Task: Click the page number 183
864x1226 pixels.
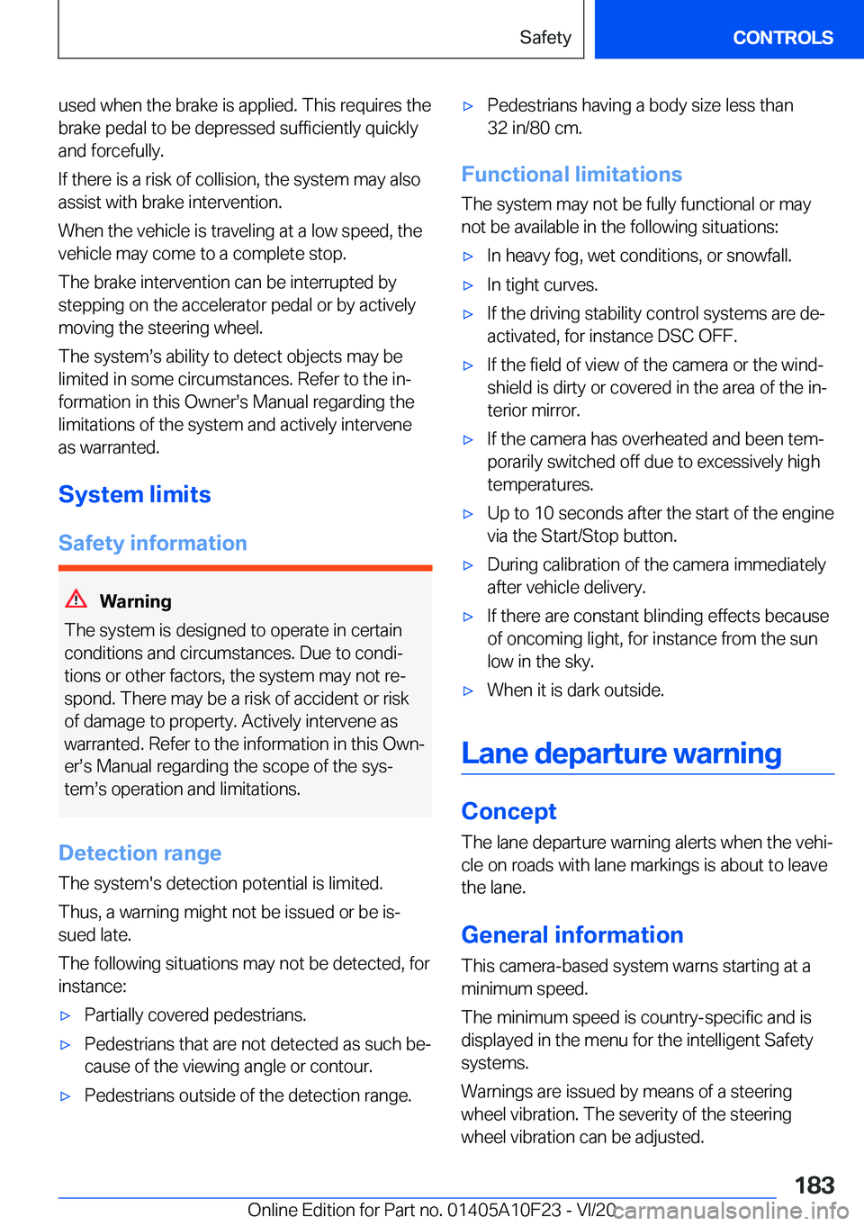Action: point(814,1185)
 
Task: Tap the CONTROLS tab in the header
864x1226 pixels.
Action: point(782,38)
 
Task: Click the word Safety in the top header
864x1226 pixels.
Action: point(545,38)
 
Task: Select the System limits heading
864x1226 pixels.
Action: point(135,495)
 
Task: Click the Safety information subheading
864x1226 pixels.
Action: point(153,544)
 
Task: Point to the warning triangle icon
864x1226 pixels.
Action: point(76,599)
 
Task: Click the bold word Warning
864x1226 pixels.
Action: point(135,601)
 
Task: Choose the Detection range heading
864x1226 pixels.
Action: point(140,853)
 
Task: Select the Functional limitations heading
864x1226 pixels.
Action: point(571,175)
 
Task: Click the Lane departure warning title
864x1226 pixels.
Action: point(621,753)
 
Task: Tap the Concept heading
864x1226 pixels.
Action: point(508,812)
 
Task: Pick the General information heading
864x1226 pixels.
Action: point(572,935)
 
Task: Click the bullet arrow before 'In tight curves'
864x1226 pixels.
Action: point(468,286)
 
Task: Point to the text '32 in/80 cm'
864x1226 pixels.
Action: point(535,129)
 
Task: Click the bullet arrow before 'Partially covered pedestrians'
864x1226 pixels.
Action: point(65,1016)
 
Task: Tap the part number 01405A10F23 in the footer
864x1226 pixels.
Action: point(504,1211)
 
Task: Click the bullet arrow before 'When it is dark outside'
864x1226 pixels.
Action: point(468,691)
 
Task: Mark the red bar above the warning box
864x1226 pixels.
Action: point(245,568)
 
